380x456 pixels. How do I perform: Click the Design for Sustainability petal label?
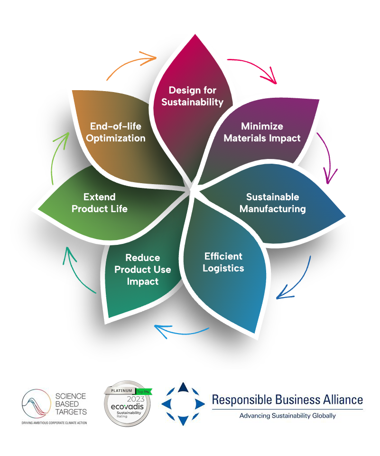[x=192, y=96]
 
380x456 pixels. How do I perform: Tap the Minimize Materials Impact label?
[x=262, y=132]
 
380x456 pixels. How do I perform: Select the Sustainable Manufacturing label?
[x=272, y=203]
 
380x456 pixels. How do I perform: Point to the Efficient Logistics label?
[x=223, y=262]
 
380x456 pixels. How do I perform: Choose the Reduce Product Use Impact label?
[x=143, y=270]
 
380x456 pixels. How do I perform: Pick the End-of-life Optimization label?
[x=116, y=132]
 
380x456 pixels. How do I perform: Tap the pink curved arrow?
[x=256, y=69]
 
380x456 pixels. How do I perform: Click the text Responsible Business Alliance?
[x=287, y=400]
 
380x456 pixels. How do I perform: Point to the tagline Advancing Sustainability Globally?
[x=287, y=416]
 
